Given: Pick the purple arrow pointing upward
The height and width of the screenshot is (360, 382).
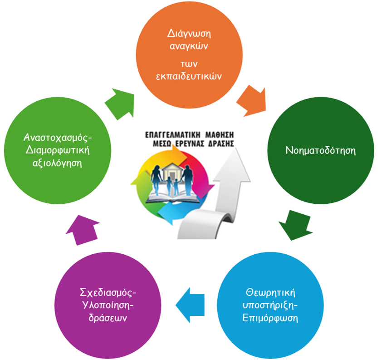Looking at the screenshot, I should click(x=82, y=229).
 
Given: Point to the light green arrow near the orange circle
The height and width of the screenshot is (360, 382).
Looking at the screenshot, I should click(x=119, y=102).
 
